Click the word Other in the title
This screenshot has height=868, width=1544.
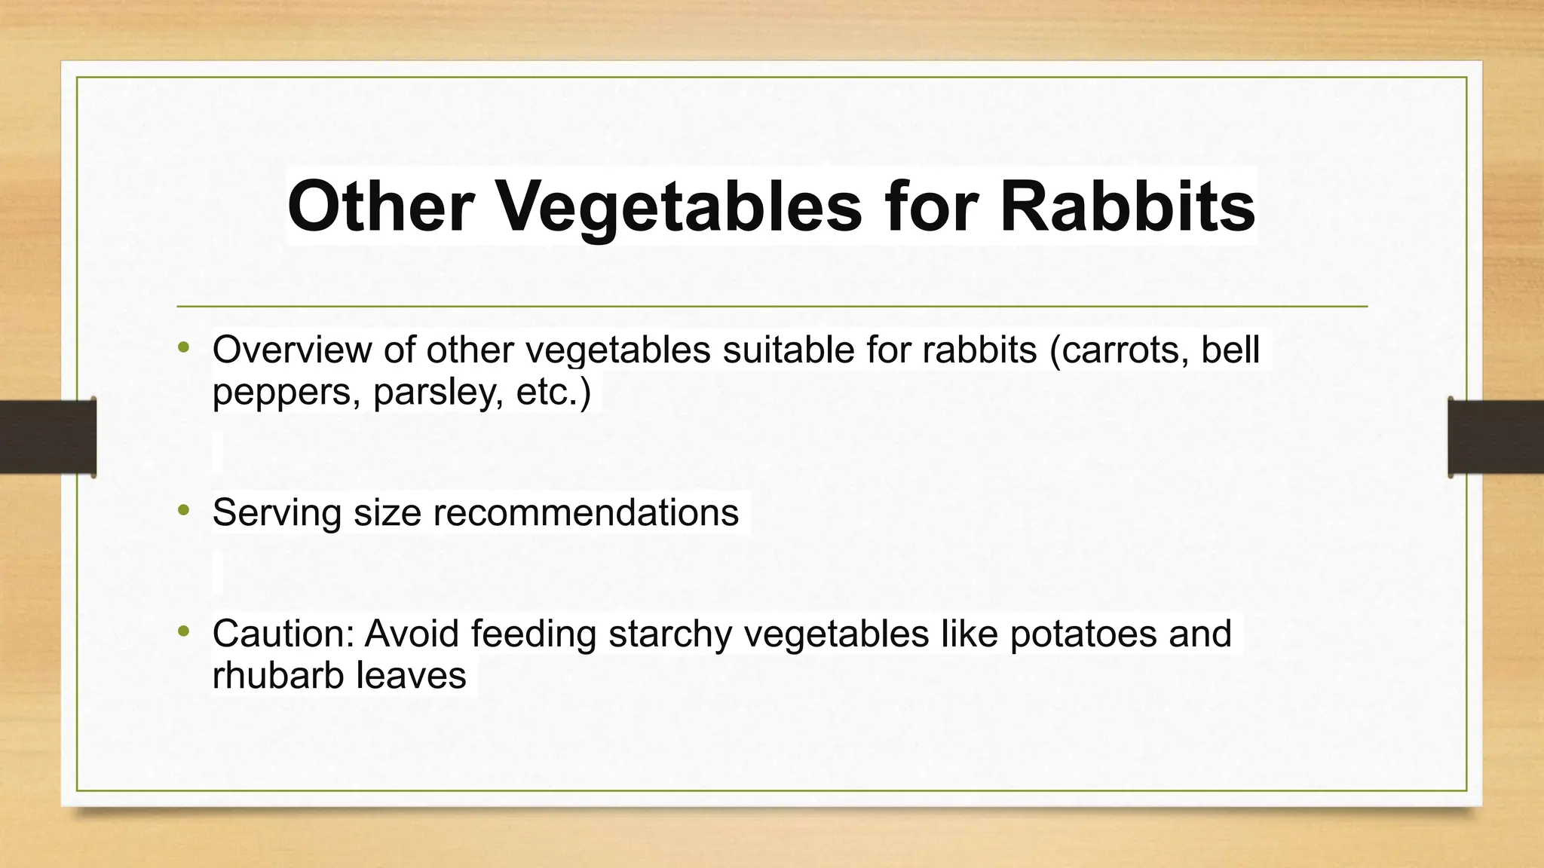point(380,206)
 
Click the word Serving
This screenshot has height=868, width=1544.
point(277,514)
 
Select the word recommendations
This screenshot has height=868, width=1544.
point(586,512)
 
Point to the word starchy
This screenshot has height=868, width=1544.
point(670,634)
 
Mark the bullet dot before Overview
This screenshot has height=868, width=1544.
point(183,348)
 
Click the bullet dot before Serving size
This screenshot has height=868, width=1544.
point(183,511)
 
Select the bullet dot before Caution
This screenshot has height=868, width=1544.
point(183,631)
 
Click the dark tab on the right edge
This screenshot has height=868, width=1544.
point(1496,437)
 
